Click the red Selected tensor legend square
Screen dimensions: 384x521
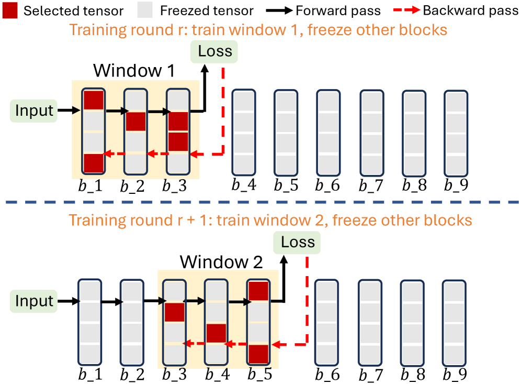point(9,10)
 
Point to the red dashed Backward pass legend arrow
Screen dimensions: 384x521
point(403,10)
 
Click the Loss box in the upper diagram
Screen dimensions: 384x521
point(214,51)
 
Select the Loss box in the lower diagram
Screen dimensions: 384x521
point(298,242)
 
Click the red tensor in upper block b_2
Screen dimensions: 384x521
point(135,122)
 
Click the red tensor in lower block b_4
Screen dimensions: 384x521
point(216,333)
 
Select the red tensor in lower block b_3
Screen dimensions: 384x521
point(175,312)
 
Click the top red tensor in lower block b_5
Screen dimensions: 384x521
point(258,291)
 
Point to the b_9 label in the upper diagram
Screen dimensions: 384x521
point(455,185)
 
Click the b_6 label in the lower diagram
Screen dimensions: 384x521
point(327,375)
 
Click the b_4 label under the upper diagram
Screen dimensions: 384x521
point(243,185)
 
